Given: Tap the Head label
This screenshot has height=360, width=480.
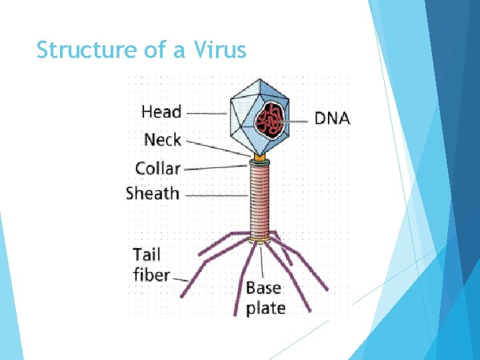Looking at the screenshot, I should click(x=161, y=111).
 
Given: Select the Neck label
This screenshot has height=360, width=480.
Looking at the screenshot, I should click(x=163, y=139).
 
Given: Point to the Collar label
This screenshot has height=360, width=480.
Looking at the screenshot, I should click(x=157, y=168).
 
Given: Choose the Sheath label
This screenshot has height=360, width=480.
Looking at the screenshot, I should click(x=153, y=194).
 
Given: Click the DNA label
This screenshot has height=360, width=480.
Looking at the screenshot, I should click(x=331, y=119).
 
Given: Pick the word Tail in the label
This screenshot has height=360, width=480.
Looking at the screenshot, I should click(x=147, y=255).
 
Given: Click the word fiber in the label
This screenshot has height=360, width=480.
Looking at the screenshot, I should click(x=151, y=275).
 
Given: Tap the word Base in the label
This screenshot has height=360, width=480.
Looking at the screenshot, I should click(x=263, y=288).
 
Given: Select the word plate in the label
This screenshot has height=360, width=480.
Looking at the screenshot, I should click(x=265, y=308).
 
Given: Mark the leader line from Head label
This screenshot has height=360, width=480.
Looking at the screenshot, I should click(x=207, y=113).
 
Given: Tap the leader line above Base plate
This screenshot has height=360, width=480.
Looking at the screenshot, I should click(x=262, y=260).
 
